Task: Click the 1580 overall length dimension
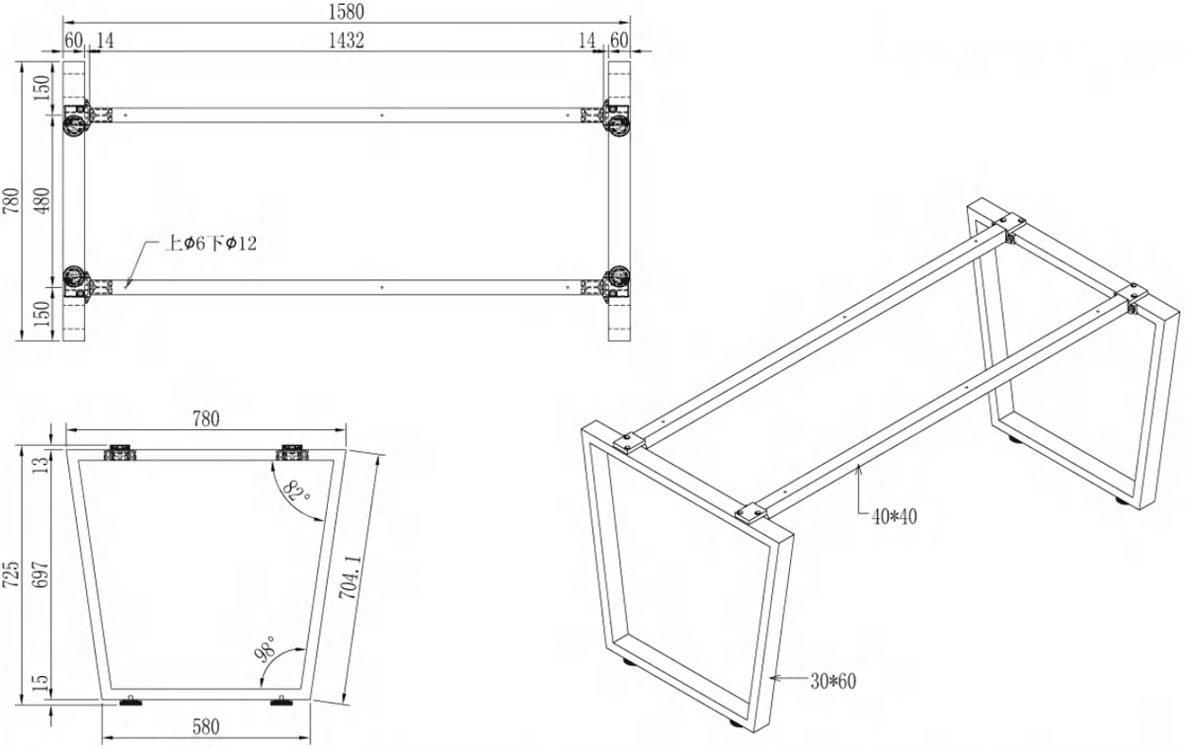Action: point(346,12)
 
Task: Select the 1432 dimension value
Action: point(346,40)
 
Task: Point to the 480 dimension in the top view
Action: point(42,200)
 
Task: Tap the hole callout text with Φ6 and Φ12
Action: point(210,243)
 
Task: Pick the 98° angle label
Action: point(266,649)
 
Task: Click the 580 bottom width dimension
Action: point(205,727)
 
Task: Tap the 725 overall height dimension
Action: point(11,574)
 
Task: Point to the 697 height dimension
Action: point(40,574)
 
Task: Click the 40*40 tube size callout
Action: point(894,516)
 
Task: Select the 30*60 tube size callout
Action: point(833,681)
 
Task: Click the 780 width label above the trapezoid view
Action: point(205,419)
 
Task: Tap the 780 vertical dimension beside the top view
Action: point(11,200)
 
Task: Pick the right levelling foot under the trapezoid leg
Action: point(280,701)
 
